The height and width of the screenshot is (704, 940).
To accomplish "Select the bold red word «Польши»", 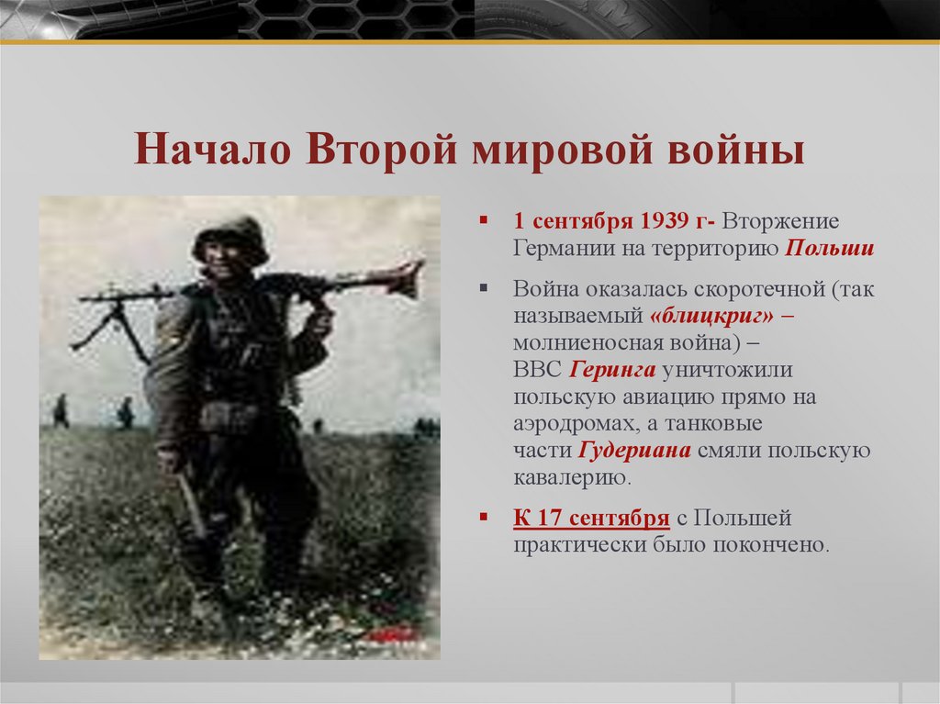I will pyautogui.click(x=830, y=249).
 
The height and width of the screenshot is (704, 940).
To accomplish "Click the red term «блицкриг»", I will pyautogui.click(x=698, y=316).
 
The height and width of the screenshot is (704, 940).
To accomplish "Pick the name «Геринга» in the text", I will pyautogui.click(x=611, y=369).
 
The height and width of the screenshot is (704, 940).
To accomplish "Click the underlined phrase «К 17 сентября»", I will pyautogui.click(x=590, y=518).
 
